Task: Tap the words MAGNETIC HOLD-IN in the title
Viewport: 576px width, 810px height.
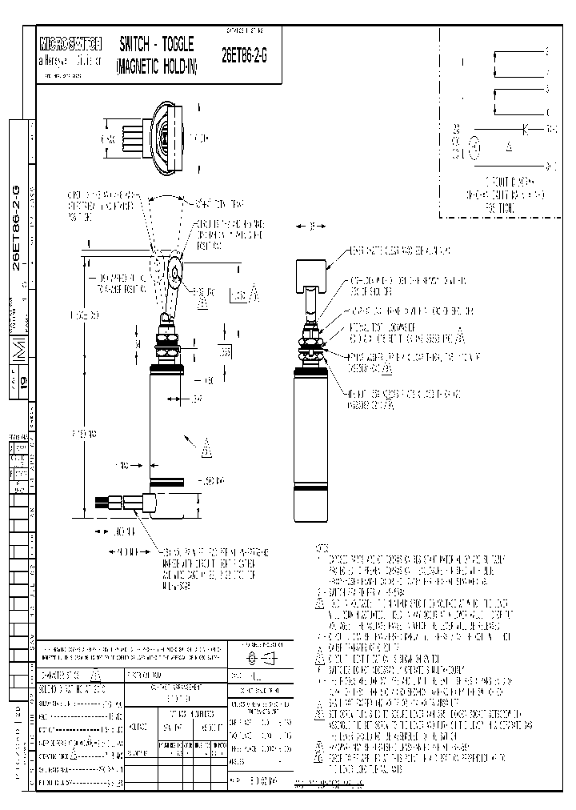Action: pos(156,66)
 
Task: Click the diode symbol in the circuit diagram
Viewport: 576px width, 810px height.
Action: pos(524,128)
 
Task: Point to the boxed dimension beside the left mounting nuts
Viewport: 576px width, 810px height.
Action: pos(204,352)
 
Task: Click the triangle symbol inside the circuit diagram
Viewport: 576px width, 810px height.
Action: pos(510,147)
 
